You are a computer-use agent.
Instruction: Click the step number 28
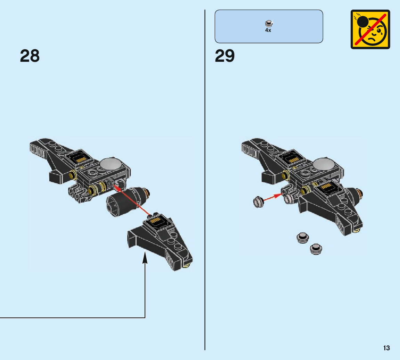[x=30, y=56]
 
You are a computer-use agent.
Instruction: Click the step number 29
[x=225, y=56]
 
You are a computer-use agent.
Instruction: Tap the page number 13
[x=386, y=348]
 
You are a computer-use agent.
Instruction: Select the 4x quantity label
[x=268, y=30]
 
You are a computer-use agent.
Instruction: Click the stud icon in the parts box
[x=268, y=24]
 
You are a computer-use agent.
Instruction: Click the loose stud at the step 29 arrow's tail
[x=258, y=201]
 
